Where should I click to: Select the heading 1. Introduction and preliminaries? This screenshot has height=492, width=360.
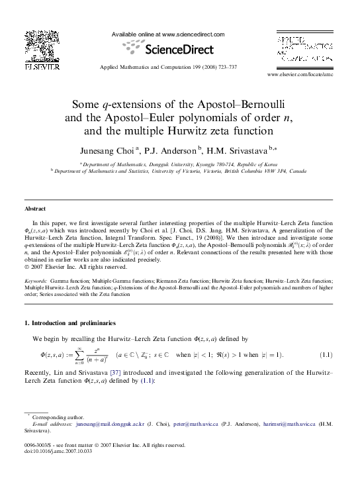[69, 322]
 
